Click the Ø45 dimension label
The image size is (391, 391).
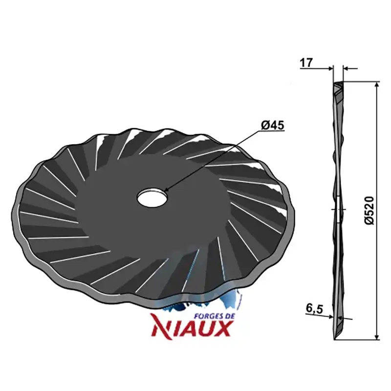coord(272,125)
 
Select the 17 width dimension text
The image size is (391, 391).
coord(306,63)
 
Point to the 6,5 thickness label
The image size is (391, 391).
coord(314,309)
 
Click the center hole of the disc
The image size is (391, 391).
coord(152,197)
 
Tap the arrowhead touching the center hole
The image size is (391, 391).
coord(167,189)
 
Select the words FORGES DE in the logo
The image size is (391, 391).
coord(215,316)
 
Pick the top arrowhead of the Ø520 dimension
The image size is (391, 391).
coord(377,85)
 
